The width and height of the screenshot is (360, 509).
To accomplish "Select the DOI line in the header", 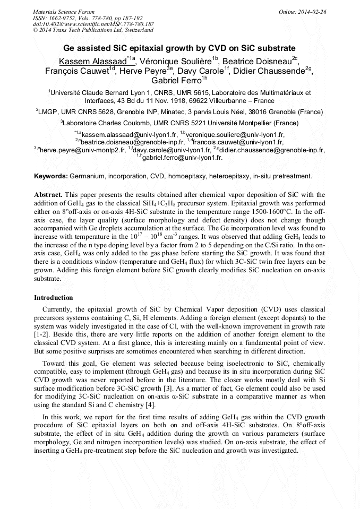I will click(93, 24).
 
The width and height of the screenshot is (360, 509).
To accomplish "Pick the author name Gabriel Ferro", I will click(176, 81).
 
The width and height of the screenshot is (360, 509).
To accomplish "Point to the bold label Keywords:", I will click(51, 176).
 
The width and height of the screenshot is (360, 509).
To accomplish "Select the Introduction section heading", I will click(54, 298).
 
